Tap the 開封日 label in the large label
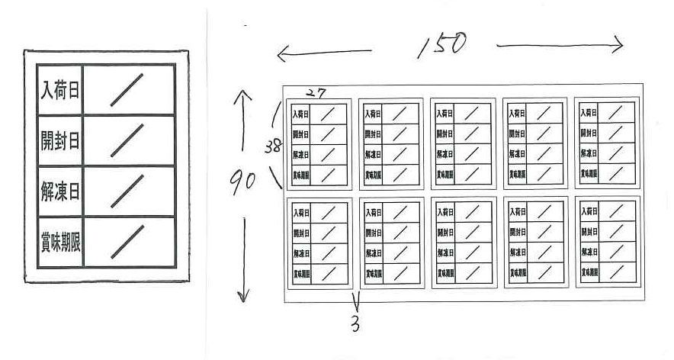pos(60,141)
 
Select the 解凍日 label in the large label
pos(60,191)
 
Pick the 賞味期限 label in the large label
pos(60,242)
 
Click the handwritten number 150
pos(442,46)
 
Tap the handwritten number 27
pos(316,93)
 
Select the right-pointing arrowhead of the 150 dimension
pos(618,46)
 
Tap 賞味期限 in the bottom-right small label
pos(589,272)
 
